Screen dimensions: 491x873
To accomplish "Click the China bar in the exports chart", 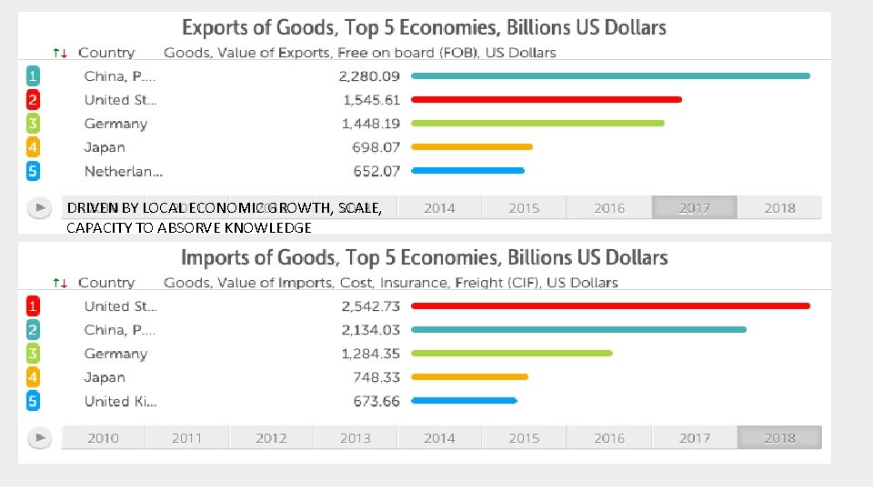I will coord(610,76).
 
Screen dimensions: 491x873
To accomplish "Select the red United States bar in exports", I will coord(547,100).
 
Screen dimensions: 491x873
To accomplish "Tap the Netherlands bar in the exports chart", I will coord(468,171).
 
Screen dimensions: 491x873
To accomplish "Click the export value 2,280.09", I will coord(369,76).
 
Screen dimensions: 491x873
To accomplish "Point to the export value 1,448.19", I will coord(370,124).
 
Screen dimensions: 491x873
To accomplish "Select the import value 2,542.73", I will coord(369,306).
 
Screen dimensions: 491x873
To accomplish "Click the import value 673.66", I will coord(376,401).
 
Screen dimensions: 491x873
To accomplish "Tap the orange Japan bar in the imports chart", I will coord(470,377).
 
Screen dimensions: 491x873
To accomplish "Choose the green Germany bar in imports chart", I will coord(512,354).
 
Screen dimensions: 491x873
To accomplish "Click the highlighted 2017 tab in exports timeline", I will coord(694,208).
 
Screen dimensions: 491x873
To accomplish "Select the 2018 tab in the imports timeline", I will coord(779,438).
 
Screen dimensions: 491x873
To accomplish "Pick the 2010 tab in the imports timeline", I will coord(103,438).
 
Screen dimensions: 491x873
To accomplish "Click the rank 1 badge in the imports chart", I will coord(33,306).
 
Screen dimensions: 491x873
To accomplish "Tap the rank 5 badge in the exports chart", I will coord(33,171).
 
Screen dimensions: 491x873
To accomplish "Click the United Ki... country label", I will coord(120,401).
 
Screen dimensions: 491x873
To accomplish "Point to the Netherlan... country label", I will coord(123,171).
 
